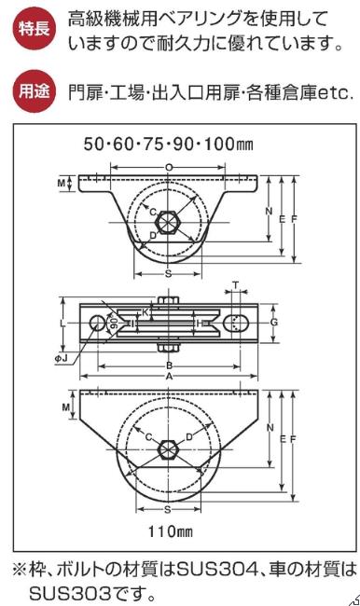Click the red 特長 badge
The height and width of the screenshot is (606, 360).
click(35, 29)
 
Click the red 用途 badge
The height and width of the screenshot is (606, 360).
click(35, 91)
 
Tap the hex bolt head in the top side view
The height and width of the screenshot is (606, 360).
click(167, 223)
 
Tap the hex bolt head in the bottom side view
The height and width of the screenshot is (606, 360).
click(168, 449)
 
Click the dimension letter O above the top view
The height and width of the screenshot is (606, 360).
click(169, 167)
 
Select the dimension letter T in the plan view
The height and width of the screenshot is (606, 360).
click(236, 286)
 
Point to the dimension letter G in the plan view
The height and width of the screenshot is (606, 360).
click(274, 322)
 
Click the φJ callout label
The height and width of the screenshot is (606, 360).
click(61, 359)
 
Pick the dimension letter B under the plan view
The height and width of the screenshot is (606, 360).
click(169, 365)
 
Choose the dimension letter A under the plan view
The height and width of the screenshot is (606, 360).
click(169, 377)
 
